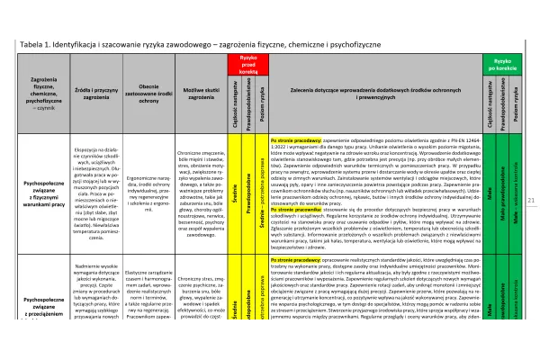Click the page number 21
531,175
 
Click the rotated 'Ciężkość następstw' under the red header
233,105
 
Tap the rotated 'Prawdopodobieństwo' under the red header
247,105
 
